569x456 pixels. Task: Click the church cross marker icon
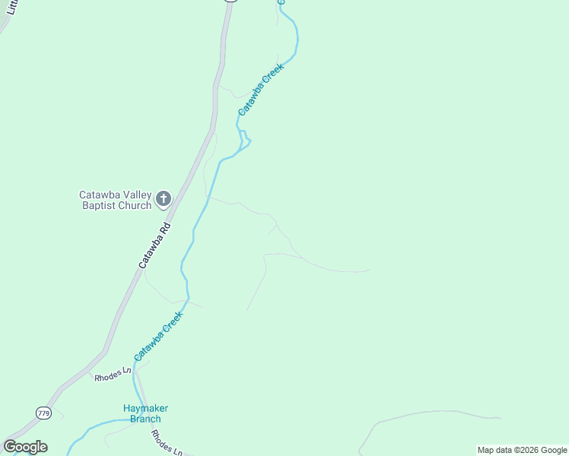[163, 200]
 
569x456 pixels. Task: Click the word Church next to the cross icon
[135, 206]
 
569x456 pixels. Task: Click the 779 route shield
[43, 412]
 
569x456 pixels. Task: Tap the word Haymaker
[145, 408]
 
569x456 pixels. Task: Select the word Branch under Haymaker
[145, 419]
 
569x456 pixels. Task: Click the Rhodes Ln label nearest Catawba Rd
[113, 374]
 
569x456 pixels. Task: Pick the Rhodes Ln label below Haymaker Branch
[166, 442]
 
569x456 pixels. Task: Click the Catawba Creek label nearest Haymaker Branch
[158, 337]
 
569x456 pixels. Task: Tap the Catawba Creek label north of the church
[260, 89]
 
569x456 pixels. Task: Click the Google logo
[25, 447]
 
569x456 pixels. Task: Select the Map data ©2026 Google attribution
[522, 450]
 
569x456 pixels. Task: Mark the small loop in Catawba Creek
[245, 138]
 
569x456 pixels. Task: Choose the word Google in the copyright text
[553, 450]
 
